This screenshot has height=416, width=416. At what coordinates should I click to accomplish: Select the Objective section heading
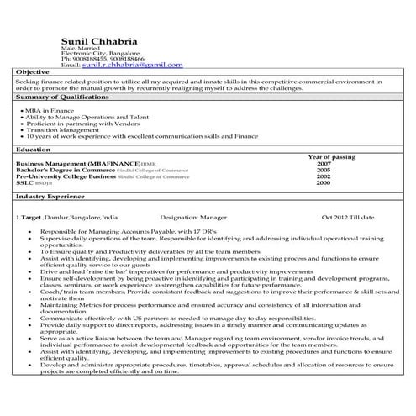33,72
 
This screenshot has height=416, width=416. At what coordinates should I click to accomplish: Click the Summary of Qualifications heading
58,97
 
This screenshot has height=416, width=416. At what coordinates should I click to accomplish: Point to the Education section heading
34,149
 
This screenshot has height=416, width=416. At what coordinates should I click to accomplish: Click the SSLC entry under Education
26,182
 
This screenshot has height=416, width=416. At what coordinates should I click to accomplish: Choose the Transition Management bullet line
60,129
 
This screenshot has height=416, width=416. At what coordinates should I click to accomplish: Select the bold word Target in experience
32,217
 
